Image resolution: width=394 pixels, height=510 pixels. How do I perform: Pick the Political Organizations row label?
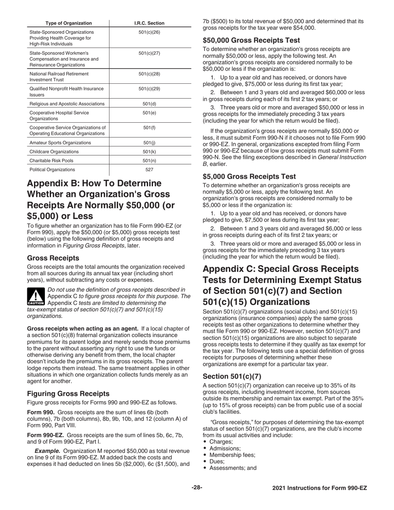[52, 170]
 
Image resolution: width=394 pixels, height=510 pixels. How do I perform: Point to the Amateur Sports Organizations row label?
[60, 143]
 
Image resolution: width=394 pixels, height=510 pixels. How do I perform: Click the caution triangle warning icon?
[36, 296]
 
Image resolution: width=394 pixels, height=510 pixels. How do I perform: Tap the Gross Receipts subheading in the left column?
[53, 258]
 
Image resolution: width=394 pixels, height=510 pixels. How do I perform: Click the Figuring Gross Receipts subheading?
[68, 393]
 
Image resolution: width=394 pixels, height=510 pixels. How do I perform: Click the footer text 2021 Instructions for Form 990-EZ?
[319, 488]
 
